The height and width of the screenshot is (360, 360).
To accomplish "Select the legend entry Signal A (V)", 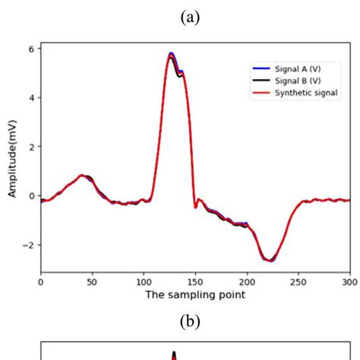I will point(303,68).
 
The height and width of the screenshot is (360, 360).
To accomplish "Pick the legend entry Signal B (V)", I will point(303,81).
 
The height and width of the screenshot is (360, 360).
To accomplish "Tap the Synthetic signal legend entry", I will point(307,93).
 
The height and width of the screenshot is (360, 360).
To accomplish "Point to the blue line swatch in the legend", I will point(264,68).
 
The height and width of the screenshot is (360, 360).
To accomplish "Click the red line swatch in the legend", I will point(264,93).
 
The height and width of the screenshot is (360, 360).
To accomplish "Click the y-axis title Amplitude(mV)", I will point(13,159).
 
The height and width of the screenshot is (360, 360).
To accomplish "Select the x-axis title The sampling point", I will point(195,295).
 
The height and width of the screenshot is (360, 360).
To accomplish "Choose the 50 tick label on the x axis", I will point(92,280).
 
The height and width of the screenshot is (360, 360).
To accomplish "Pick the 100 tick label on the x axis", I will point(144,280).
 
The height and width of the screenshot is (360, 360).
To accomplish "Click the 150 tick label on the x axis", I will point(195,280).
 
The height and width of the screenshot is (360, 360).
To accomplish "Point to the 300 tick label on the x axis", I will point(349,280).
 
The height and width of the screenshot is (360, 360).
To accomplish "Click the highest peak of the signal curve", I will point(172,54).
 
